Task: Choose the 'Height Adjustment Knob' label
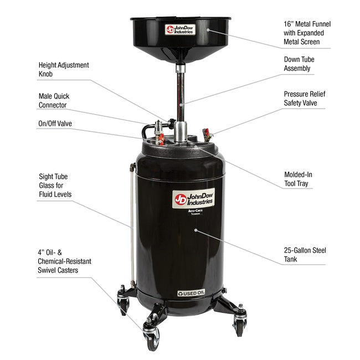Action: [x=64, y=69]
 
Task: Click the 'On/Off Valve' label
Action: [x=55, y=124]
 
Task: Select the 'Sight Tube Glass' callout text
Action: [x=54, y=185]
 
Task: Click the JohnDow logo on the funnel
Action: [x=181, y=29]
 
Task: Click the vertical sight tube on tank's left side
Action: [x=132, y=222]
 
